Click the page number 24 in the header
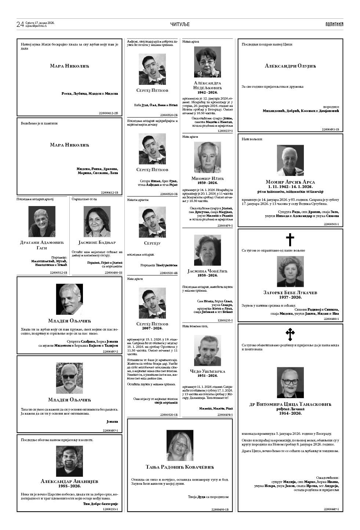click(20, 24)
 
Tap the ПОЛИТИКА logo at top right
click(334, 24)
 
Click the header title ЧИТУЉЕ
click(180, 24)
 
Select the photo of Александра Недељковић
click(207, 62)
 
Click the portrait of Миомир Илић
click(207, 158)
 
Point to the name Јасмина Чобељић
click(208, 271)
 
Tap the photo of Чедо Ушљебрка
click(207, 350)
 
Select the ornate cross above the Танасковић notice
click(290, 335)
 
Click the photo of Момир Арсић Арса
click(290, 161)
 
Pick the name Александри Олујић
click(290, 66)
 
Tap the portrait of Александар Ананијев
click(70, 461)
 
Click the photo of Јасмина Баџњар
click(97, 221)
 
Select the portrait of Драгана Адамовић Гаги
click(42, 221)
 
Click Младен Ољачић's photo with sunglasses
click(69, 378)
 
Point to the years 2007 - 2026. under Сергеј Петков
click(152, 328)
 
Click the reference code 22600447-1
click(331, 509)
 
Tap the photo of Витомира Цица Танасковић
click(290, 383)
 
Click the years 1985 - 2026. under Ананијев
click(70, 486)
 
